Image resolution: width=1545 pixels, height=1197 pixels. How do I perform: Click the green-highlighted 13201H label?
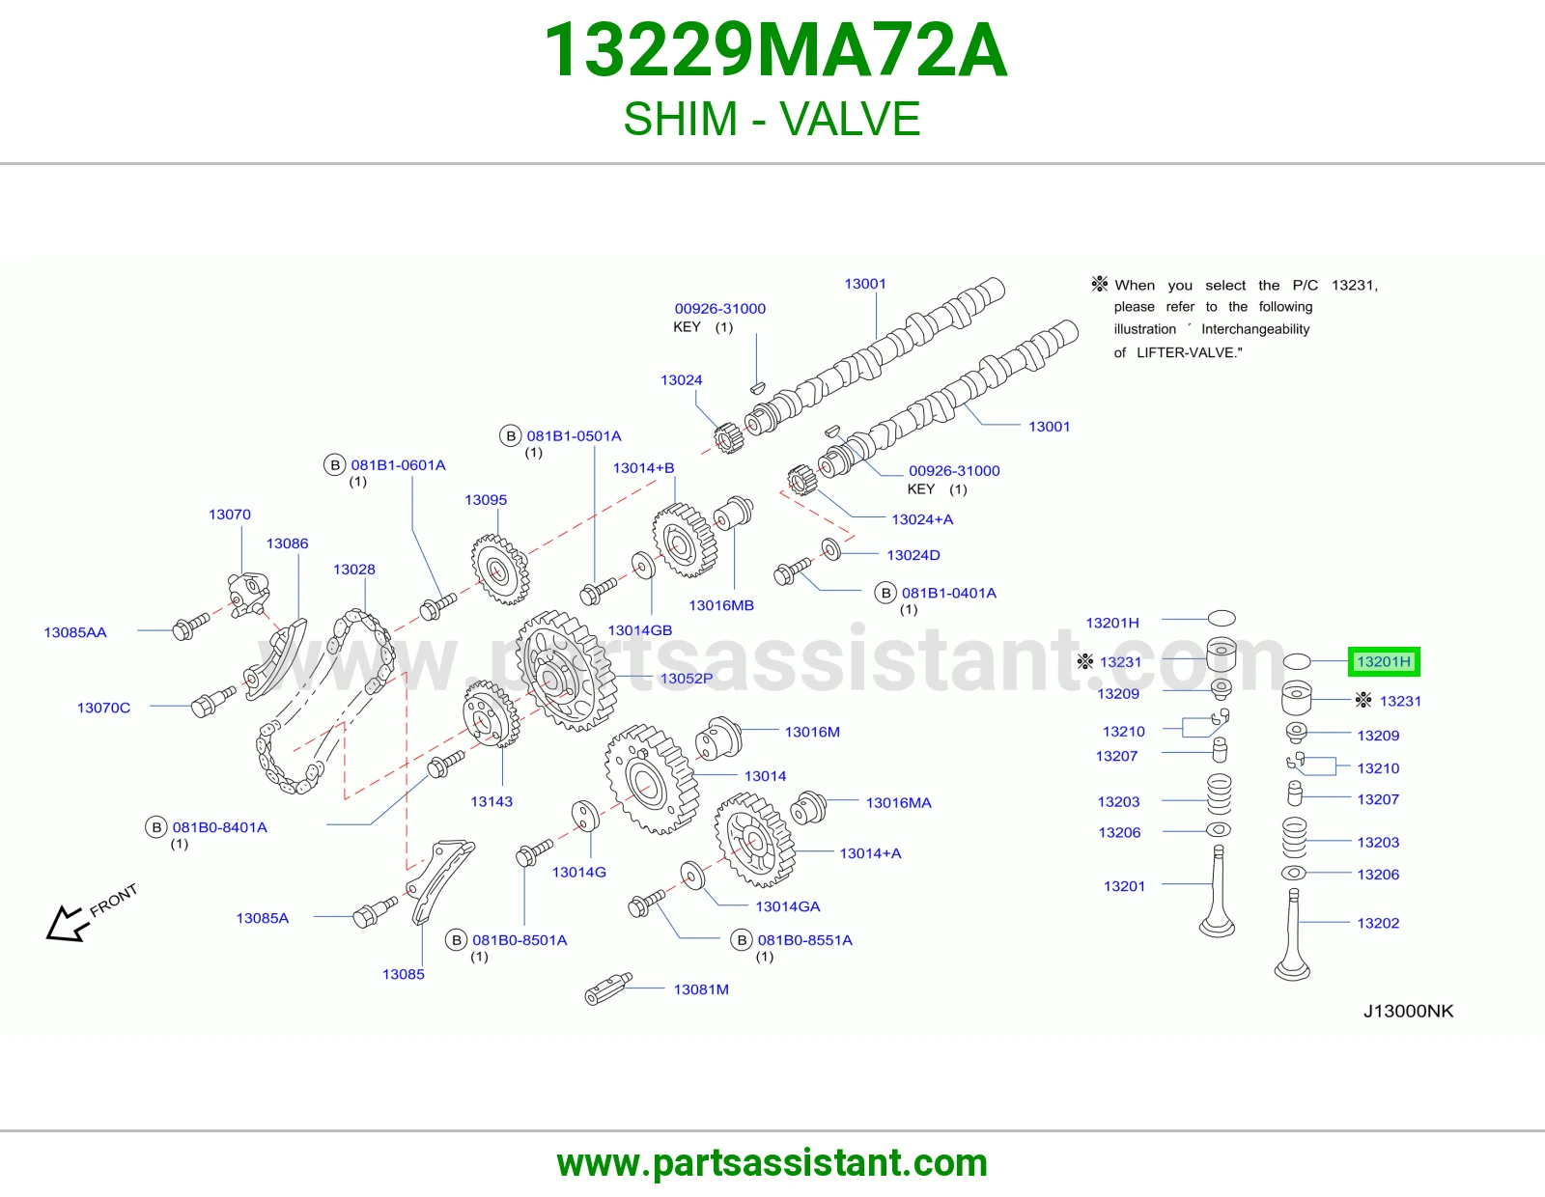[x=1384, y=662]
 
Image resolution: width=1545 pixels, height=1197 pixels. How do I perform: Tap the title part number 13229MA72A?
[x=775, y=50]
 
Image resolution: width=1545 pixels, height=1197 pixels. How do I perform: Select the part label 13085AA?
[x=75, y=632]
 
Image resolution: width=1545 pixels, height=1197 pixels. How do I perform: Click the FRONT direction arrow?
[x=68, y=924]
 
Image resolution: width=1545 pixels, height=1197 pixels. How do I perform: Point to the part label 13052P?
[x=687, y=678]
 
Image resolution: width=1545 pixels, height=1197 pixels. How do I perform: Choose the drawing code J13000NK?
[x=1408, y=1011]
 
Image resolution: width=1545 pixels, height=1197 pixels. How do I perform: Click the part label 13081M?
[x=701, y=988]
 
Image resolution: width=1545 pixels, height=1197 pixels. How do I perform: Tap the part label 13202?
[x=1378, y=923]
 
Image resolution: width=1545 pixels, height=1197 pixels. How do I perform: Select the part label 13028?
[x=354, y=569]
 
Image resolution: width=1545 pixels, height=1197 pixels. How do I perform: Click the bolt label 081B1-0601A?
[x=398, y=465]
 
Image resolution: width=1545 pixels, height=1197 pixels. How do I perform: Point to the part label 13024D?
[x=913, y=554]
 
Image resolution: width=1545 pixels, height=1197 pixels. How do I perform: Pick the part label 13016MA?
[x=898, y=802]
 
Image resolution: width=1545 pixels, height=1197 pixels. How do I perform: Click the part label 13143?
[x=492, y=801]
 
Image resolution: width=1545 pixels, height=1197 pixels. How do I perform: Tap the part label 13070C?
[x=104, y=708]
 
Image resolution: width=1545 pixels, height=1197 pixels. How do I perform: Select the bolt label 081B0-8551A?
[x=805, y=939]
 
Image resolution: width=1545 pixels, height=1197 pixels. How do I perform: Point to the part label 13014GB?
[x=640, y=629]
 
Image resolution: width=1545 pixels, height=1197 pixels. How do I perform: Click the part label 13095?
[x=486, y=500]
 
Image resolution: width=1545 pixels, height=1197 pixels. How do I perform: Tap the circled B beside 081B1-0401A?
[x=885, y=593]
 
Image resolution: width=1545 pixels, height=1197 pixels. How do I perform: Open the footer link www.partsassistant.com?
[x=772, y=1163]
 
